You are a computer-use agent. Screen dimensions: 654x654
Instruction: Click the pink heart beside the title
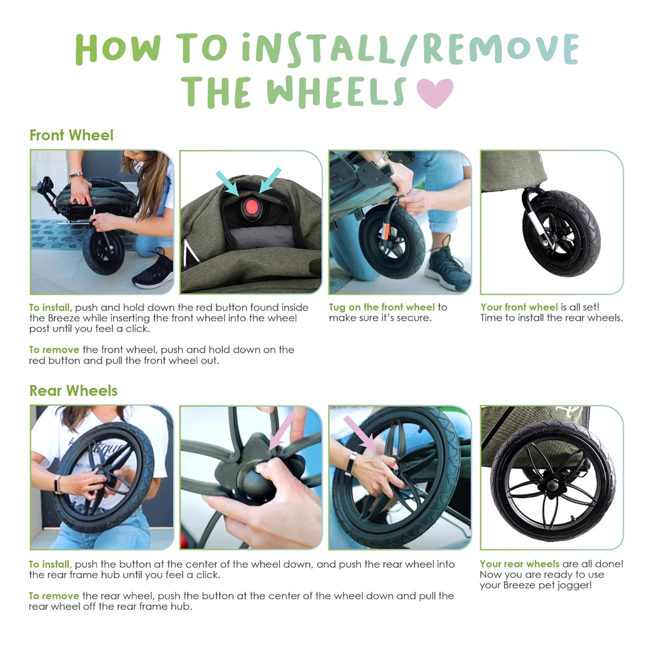point(434,93)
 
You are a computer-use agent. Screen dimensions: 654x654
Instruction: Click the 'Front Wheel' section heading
point(72,135)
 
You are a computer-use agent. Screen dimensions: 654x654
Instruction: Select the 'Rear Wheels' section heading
point(73,391)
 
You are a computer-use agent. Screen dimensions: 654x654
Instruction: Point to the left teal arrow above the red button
point(227,183)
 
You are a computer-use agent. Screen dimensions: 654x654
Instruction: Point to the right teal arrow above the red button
point(270,180)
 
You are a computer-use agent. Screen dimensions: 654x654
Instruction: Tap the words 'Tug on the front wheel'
point(382,307)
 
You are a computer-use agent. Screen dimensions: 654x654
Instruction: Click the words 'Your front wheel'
point(519,307)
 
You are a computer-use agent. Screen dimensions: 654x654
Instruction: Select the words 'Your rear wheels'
point(520,564)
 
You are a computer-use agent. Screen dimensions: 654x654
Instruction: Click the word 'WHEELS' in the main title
point(336,92)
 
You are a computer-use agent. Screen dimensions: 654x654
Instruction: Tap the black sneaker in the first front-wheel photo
point(153,270)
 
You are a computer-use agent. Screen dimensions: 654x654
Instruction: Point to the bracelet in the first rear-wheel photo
point(57,485)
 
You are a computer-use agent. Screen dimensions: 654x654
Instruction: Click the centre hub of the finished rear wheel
point(551,485)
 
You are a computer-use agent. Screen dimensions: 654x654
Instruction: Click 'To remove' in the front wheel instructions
point(54,349)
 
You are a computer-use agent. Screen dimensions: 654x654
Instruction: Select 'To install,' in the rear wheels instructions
point(50,565)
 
